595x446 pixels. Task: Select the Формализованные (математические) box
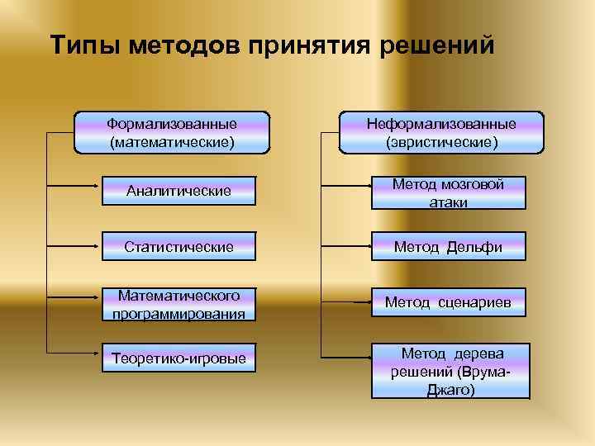click(172, 132)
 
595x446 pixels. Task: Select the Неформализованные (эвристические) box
click(442, 132)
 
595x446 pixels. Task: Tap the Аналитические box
click(178, 192)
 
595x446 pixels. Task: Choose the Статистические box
click(178, 246)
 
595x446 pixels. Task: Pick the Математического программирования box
click(178, 304)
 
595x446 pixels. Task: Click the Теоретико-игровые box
click(178, 359)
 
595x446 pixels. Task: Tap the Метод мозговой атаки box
click(448, 193)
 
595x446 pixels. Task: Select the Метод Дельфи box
click(448, 246)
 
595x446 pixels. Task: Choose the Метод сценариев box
click(448, 303)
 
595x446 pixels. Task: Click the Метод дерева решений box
click(448, 371)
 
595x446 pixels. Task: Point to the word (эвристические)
click(442, 142)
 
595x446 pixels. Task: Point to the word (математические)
click(172, 142)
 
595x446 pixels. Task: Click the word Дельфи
click(474, 247)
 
